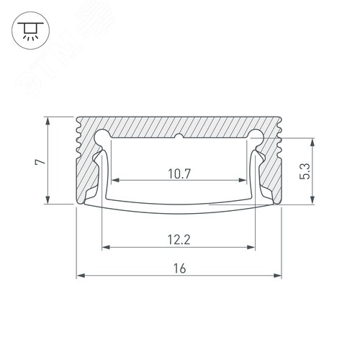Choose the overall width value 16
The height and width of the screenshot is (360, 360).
[179, 268]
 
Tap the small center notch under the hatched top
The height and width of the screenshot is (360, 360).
[179, 135]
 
